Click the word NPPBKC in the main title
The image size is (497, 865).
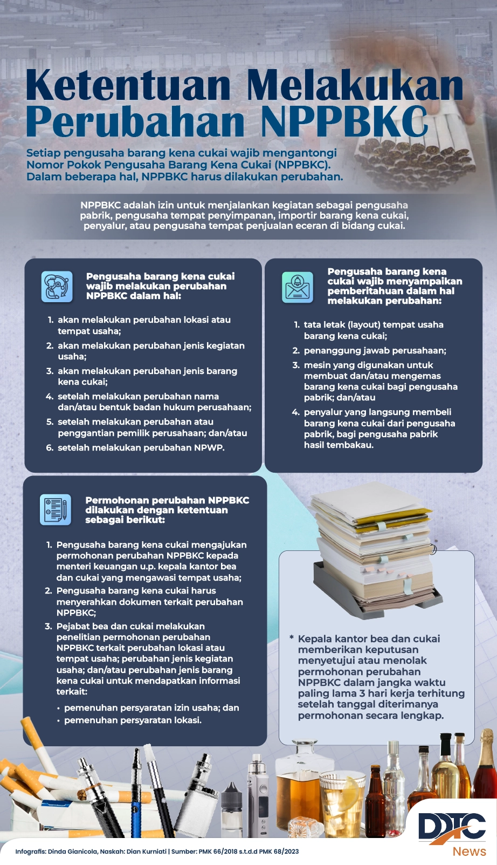[344, 122]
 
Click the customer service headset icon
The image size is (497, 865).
[57, 287]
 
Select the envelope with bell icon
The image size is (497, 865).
[298, 287]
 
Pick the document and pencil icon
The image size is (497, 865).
[56, 509]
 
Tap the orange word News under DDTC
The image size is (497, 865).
[469, 852]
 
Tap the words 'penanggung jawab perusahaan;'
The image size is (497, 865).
[375, 351]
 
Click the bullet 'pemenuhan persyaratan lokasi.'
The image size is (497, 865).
[133, 720]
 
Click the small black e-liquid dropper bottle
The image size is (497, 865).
[232, 804]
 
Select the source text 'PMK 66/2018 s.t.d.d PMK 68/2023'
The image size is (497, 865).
[248, 852]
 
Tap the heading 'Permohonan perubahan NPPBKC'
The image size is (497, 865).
[167, 500]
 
